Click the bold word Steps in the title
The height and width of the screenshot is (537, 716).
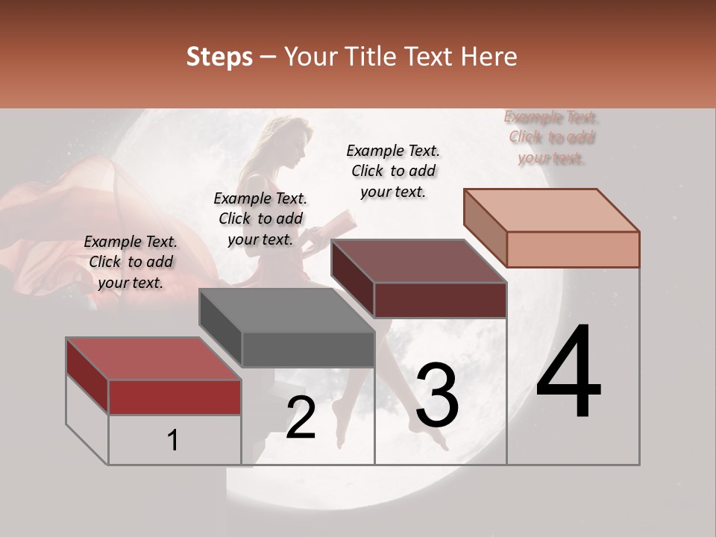219,57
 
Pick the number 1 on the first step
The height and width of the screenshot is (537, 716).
173,441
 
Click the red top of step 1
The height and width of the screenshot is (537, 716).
153,359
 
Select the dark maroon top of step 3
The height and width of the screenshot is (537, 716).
418,261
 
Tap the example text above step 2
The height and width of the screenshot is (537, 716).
260,219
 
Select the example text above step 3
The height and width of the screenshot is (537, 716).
393,171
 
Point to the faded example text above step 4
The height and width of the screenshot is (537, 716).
551,137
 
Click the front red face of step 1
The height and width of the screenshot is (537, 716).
175,397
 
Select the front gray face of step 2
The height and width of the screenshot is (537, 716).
307,349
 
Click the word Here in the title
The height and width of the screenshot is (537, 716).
492,57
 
